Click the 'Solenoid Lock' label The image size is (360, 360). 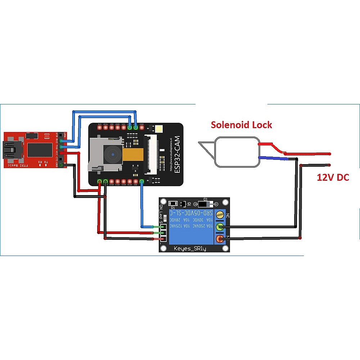tap(241, 125)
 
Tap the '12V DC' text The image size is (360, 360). tap(333, 177)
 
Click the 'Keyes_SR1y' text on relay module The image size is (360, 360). tap(190, 248)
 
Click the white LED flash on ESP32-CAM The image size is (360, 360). tap(158, 128)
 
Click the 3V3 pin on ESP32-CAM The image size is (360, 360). tap(99, 128)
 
